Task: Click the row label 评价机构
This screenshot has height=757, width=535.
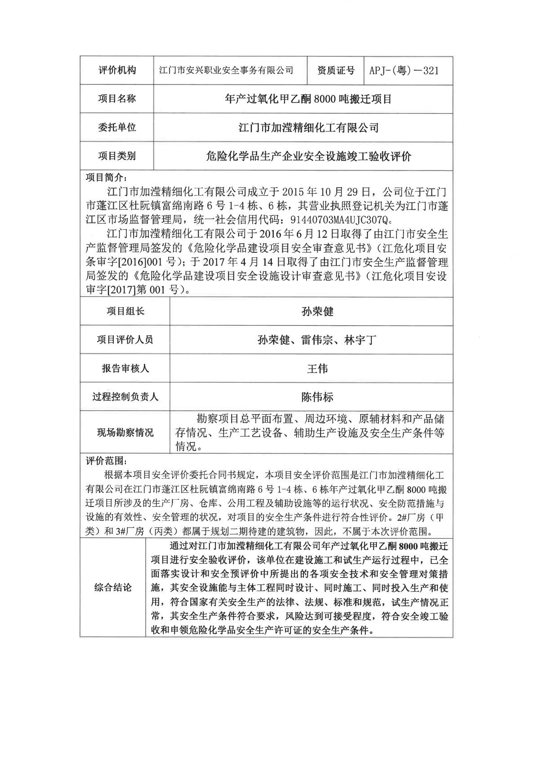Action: tap(116, 70)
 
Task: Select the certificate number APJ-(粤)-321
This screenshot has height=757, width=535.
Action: tap(403, 70)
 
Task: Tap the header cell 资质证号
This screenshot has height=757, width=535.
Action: tap(335, 70)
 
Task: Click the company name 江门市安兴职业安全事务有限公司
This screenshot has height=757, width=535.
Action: tap(227, 70)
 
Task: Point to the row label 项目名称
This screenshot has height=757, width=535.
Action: tap(116, 99)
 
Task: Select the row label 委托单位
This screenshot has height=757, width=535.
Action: tap(116, 127)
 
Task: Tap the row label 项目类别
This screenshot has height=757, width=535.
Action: tap(116, 156)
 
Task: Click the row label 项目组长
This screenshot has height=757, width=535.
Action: tap(125, 311)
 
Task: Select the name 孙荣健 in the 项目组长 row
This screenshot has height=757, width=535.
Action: tap(317, 311)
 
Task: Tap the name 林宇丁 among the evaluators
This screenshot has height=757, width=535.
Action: tap(360, 340)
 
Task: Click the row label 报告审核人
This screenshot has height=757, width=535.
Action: tap(125, 369)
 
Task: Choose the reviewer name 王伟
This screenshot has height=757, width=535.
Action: tap(317, 369)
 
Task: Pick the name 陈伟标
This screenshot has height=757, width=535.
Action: tap(317, 397)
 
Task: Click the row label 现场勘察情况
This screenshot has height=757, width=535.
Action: tap(125, 433)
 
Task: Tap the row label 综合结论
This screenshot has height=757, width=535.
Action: tap(113, 588)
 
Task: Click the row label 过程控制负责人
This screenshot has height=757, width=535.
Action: tap(125, 397)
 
